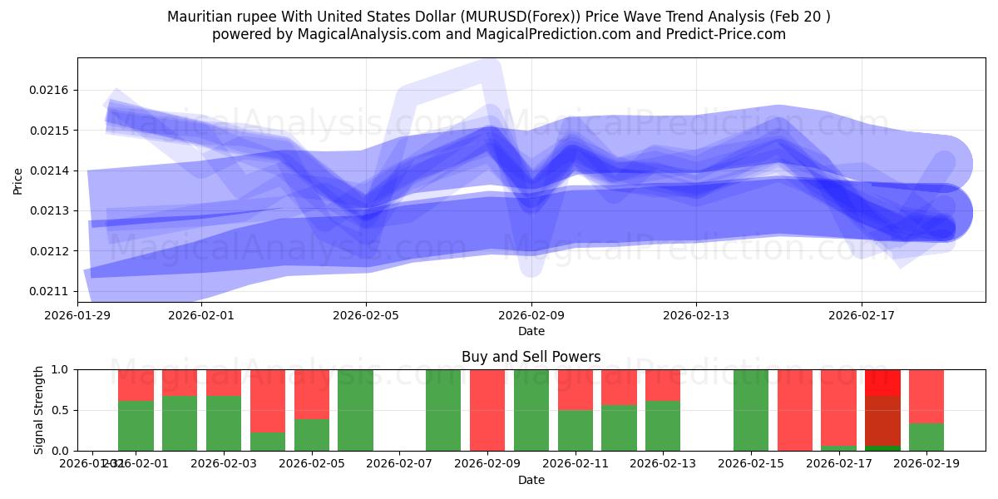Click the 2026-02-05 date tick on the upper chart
366,315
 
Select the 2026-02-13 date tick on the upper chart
696,315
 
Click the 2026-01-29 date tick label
78,315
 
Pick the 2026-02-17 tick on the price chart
861,315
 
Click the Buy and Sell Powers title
531,357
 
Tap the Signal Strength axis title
39,409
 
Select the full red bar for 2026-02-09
487,410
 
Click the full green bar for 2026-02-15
751,410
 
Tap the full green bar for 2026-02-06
355,410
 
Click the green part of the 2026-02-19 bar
926,437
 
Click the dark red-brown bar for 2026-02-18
882,421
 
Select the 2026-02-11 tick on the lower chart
575,463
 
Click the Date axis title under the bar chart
531,480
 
